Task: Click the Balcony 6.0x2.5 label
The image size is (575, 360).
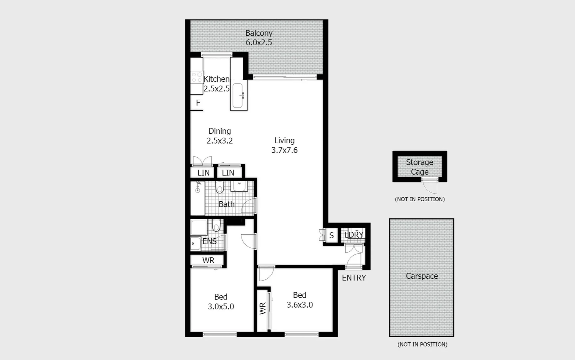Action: coord(259,38)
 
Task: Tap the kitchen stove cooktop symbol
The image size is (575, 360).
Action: coord(197,77)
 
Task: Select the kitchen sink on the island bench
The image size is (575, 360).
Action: coord(238,96)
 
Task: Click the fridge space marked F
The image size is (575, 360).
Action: coord(198,103)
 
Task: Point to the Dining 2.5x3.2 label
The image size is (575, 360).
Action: coord(220,136)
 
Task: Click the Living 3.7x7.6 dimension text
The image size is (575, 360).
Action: coord(284,150)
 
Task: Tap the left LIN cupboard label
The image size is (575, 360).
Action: coord(203,173)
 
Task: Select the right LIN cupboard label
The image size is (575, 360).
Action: coord(228,173)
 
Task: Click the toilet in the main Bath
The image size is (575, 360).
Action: coord(220,187)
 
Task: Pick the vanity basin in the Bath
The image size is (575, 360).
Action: coord(239,186)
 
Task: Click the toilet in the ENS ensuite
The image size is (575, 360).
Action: coord(216,226)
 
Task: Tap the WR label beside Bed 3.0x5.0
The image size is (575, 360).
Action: coord(208,260)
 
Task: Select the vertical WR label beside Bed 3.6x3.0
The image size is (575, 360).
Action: coord(263,308)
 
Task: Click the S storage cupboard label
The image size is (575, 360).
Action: coord(331,236)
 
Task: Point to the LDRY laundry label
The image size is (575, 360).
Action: coord(354,235)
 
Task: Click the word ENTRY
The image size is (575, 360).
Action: coord(354,278)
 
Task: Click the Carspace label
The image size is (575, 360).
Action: coord(422,276)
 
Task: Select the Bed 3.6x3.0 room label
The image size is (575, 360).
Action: coord(299,300)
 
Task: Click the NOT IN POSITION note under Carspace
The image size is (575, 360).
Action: coord(422,344)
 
